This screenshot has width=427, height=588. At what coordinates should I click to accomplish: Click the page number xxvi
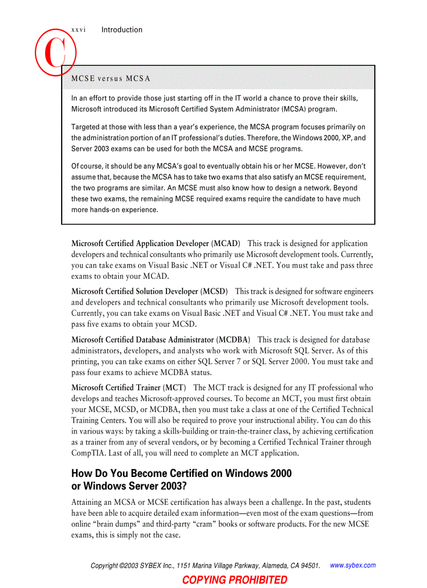[78, 30]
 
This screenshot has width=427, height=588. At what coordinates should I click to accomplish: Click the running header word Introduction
[121, 30]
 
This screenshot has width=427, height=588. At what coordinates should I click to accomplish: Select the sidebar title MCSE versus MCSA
[110, 79]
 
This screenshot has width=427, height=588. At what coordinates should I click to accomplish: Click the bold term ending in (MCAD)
[155, 243]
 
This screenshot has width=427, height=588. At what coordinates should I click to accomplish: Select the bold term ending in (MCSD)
[149, 291]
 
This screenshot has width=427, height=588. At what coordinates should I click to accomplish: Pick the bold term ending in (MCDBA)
[161, 340]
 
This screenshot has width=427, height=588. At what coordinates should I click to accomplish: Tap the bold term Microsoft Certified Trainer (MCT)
[128, 388]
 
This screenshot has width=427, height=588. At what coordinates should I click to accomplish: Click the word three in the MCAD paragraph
[363, 265]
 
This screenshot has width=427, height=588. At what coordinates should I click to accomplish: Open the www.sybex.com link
[353, 565]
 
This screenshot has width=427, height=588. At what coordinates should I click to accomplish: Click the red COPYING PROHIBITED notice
[234, 580]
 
